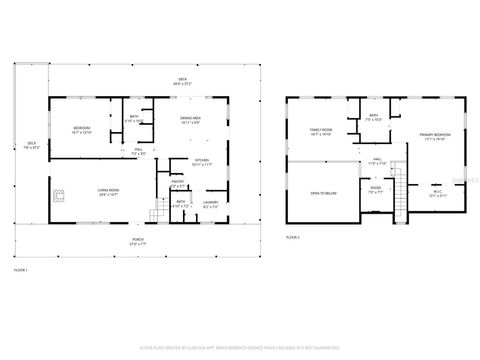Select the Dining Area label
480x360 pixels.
coord(190,119)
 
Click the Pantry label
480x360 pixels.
coord(178,184)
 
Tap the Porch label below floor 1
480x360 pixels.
coord(137,240)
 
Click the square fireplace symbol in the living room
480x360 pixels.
coord(60,192)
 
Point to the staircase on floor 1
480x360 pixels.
coord(155,212)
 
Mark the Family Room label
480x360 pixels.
coord(321,130)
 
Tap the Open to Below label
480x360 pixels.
coord(323,193)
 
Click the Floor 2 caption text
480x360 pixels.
coord(292,236)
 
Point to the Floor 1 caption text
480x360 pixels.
coord(20,269)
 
